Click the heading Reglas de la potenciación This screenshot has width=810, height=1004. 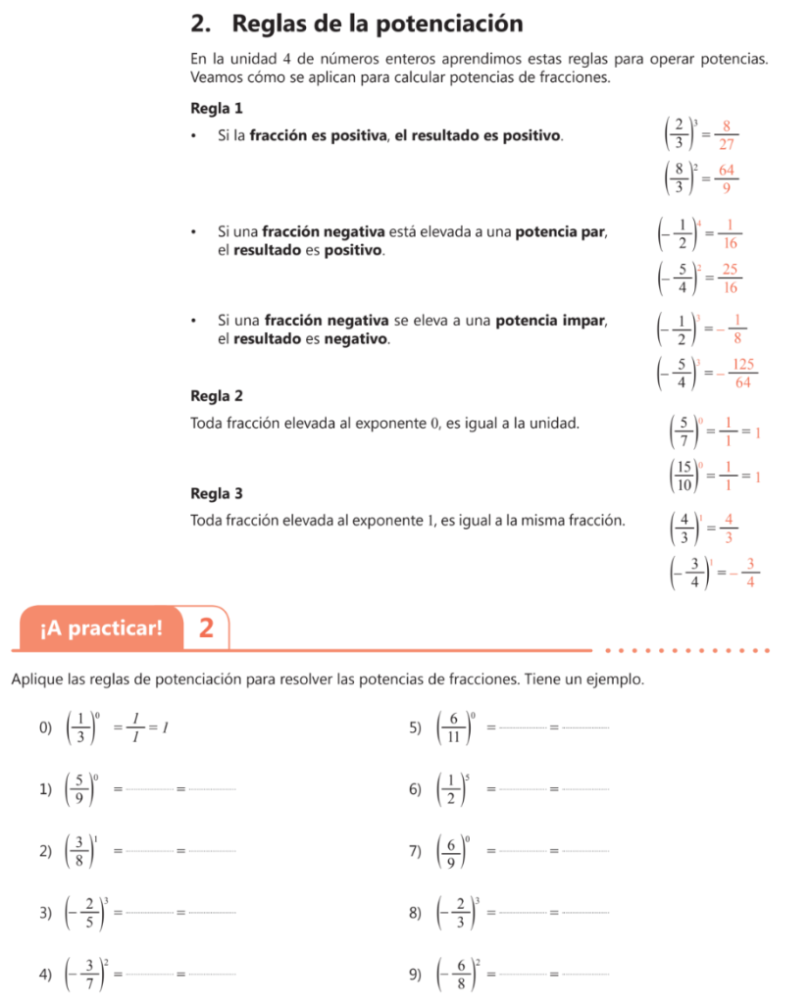coord(358,23)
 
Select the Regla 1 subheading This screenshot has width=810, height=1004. coord(216,107)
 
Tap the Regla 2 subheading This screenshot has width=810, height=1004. coord(216,396)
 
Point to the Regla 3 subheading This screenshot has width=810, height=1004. coord(216,492)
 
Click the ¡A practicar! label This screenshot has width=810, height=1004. coord(102,627)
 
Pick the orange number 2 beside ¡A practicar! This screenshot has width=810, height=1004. coord(206,627)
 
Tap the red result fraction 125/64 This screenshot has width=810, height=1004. coord(742,376)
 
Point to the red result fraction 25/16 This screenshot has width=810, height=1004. coord(731,279)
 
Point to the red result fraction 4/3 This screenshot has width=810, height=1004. coord(730,528)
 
